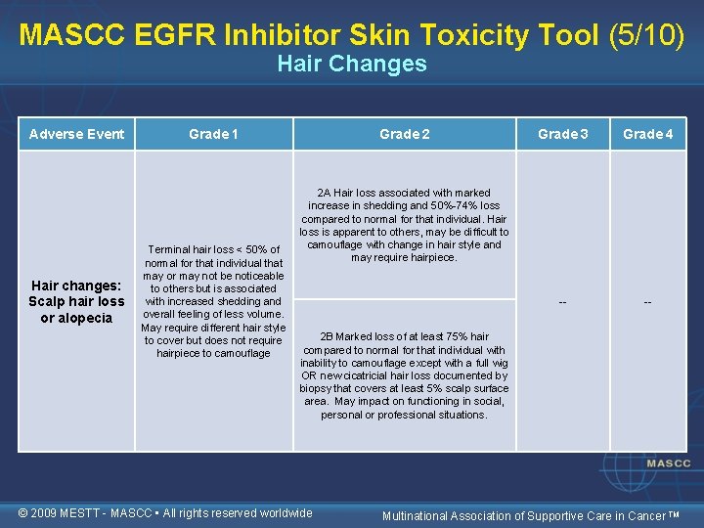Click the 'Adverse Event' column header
pos(77,134)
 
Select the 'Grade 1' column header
pos(214,134)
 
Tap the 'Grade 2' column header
pos(404,134)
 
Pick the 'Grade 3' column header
pos(562,134)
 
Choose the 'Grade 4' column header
pos(647,134)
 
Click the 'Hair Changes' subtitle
pos(352,64)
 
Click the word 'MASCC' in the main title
pos(66,34)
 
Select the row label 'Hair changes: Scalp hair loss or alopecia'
pos(77,301)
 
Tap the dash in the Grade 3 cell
pos(562,302)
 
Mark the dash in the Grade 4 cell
pos(647,302)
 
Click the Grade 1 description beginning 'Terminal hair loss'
pos(213,301)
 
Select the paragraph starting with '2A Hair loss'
pos(404,225)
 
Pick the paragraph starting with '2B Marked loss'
pos(404,375)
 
